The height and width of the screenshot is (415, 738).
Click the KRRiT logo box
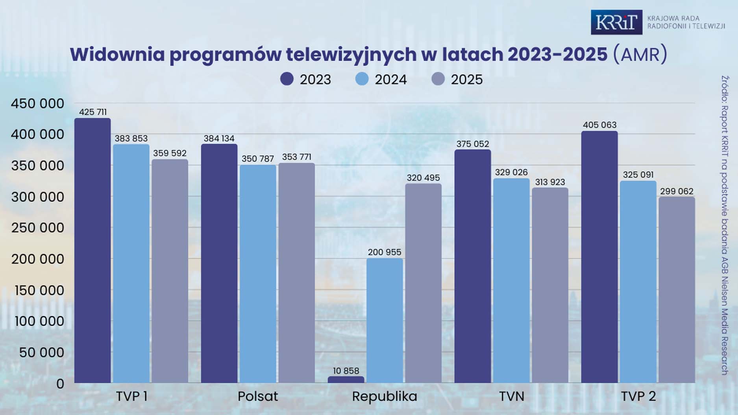tap(616, 22)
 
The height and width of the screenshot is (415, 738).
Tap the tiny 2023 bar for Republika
tap(346, 380)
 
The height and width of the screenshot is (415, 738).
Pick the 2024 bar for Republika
tap(385, 320)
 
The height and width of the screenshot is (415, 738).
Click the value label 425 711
tap(92, 112)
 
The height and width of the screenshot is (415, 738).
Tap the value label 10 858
tap(346, 371)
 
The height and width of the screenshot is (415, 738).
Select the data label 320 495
tap(423, 178)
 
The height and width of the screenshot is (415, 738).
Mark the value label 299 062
tap(677, 191)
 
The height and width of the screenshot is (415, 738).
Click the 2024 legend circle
tap(362, 79)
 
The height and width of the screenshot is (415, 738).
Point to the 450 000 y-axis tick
tap(37, 103)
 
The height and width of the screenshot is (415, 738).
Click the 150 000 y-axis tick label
tap(39, 290)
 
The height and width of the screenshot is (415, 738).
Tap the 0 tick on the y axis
tap(60, 384)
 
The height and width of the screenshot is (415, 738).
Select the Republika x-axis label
tap(384, 396)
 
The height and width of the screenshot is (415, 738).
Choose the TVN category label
tap(511, 396)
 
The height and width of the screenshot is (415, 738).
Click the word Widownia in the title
tap(117, 54)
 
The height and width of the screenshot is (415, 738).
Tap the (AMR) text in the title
tap(640, 54)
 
